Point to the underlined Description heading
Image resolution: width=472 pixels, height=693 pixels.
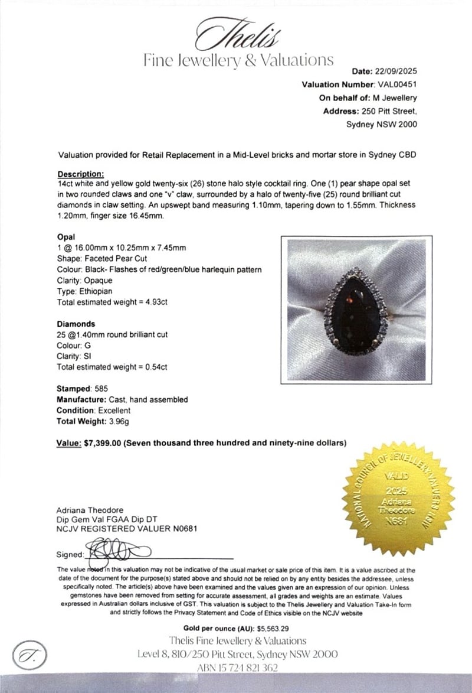coord(81,174)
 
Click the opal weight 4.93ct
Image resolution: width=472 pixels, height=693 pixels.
coord(154,302)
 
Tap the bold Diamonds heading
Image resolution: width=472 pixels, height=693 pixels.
coord(76,324)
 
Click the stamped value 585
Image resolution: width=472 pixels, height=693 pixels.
coord(100,389)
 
